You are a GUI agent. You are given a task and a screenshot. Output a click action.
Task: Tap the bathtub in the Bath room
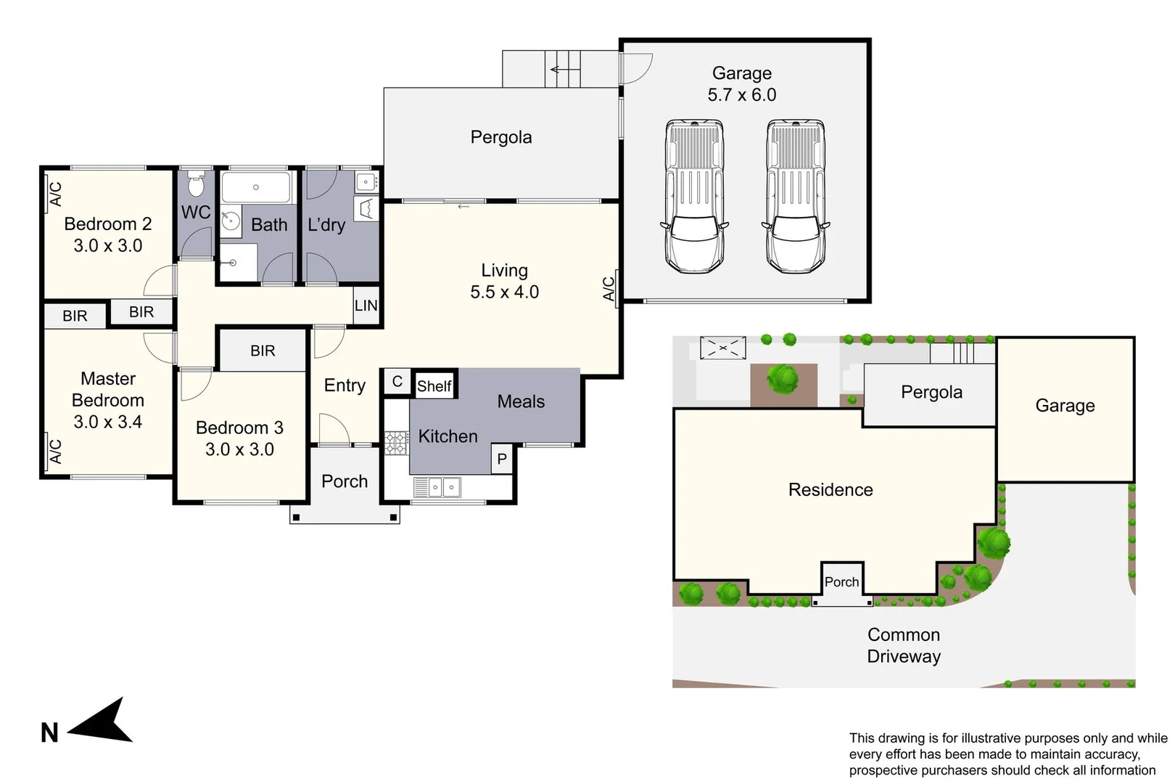[255, 187]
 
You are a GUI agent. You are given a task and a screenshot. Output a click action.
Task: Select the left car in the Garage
[694, 196]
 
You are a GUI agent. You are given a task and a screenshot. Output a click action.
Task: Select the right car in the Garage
[796, 196]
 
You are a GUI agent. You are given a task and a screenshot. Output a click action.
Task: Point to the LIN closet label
[366, 306]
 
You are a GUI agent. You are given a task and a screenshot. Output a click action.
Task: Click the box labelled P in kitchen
[502, 459]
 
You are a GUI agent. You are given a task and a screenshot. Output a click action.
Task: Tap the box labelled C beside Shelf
[397, 382]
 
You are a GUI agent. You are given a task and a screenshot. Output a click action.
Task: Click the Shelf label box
[434, 386]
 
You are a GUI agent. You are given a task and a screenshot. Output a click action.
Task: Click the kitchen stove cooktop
[396, 443]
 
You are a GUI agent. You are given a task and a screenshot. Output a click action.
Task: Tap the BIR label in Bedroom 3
[263, 351]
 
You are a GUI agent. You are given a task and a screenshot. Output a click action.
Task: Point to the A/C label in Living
[609, 289]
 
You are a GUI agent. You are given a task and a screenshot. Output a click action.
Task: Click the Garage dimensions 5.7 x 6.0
[741, 95]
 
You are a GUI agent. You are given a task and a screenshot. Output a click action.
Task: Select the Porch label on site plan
[841, 581]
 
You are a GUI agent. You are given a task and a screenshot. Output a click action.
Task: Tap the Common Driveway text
[903, 645]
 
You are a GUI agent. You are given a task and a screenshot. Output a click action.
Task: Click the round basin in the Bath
[231, 220]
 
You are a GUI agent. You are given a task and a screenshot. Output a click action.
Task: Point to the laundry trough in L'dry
[366, 209]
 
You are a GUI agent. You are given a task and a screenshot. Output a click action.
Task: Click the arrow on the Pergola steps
[564, 70]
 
